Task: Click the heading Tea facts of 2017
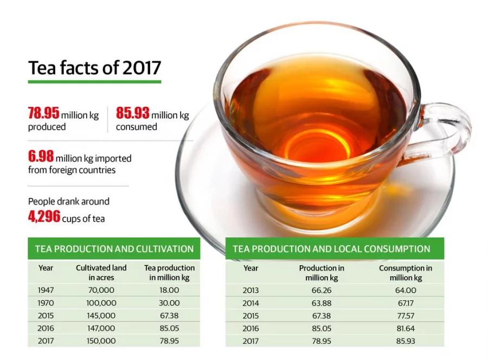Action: pos(94,68)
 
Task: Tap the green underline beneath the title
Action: pos(94,82)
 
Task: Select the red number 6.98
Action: pos(41,157)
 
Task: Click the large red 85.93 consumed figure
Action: pos(132,114)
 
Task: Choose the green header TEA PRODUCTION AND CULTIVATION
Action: pos(114,249)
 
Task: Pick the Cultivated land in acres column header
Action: pos(101,273)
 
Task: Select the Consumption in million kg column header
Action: pos(405,273)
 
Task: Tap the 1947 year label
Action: pos(46,290)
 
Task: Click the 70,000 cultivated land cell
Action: pos(101,290)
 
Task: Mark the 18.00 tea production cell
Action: pos(169,290)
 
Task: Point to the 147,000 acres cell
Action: pos(101,328)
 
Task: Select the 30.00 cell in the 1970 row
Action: pos(169,303)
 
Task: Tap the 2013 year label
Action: pos(251,290)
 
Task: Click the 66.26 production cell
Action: pos(322,290)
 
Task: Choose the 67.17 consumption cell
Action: pos(405,303)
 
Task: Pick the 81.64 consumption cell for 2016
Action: pos(405,328)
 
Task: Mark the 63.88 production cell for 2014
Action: pos(322,303)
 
